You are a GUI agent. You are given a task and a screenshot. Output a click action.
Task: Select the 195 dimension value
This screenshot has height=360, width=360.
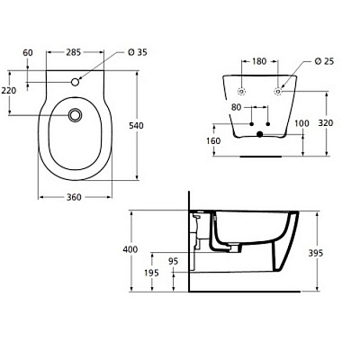click(151, 273)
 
